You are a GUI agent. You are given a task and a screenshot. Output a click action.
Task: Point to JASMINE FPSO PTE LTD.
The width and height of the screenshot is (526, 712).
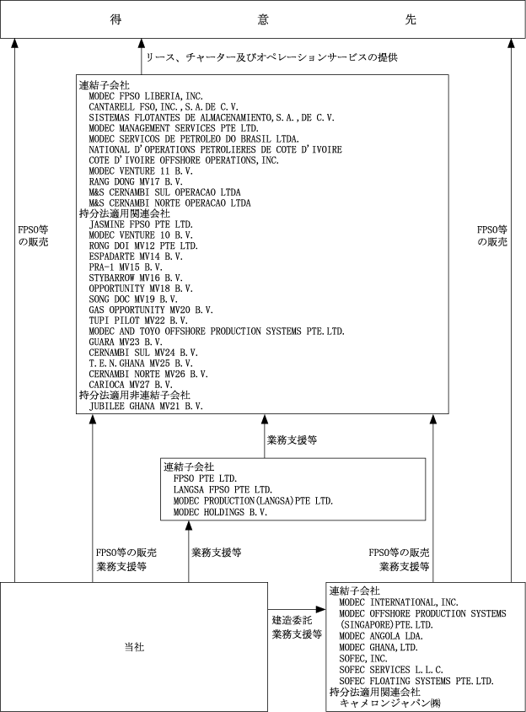(x=141, y=224)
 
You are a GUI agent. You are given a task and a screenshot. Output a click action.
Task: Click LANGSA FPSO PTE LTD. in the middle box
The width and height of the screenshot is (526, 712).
(x=223, y=489)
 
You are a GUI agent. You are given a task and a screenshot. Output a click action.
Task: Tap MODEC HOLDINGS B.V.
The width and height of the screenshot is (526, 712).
(x=220, y=511)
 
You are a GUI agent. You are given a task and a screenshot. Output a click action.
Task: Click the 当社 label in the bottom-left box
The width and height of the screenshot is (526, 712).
(x=134, y=647)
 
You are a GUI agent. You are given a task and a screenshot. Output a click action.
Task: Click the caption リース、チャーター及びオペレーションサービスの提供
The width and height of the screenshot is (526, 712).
(x=271, y=57)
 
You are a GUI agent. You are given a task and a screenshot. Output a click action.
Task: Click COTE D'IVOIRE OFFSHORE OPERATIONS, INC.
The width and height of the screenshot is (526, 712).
(x=184, y=159)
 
